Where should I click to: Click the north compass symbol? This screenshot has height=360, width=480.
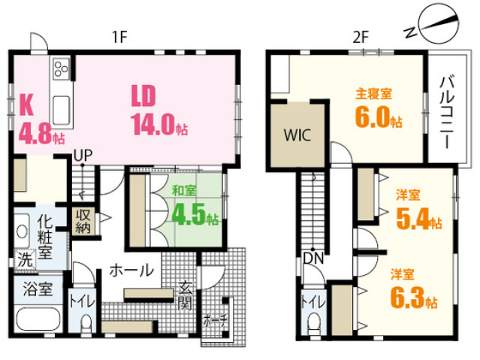[432, 25]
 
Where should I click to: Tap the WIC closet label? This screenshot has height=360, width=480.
[297, 135]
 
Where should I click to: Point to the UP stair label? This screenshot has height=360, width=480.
[83, 156]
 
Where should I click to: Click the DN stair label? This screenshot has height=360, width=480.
[313, 259]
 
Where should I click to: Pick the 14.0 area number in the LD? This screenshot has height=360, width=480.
[152, 125]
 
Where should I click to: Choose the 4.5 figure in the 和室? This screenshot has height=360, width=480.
[189, 216]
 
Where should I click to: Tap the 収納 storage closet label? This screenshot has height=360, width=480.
[83, 221]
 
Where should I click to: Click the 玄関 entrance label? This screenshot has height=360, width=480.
[185, 295]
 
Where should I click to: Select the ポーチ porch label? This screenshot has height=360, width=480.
[215, 320]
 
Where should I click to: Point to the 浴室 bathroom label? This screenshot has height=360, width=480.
[38, 289]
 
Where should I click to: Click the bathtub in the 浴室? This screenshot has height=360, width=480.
[38, 319]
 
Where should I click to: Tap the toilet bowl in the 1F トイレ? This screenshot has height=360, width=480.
[86, 323]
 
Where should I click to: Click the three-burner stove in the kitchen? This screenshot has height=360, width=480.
[62, 68]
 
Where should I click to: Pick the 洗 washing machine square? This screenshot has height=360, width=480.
[25, 261]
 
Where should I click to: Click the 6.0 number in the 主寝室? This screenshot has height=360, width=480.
[373, 117]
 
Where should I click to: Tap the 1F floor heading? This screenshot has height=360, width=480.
[119, 38]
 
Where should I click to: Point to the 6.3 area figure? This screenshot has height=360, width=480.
[407, 297]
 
